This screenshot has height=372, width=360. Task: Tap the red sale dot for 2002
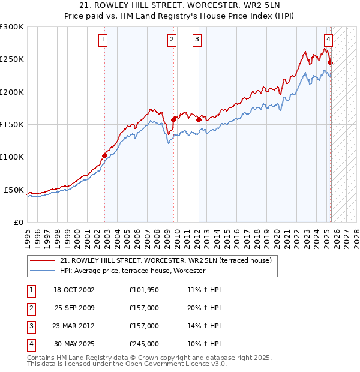tap(104, 155)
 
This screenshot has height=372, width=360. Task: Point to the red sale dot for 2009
tap(173, 119)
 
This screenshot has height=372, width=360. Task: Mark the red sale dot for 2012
tap(198, 119)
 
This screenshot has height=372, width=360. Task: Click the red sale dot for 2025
tap(330, 62)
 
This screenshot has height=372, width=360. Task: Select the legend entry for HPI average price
tap(132, 271)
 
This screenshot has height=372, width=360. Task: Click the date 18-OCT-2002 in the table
tap(74, 290)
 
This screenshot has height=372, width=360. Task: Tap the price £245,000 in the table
tap(144, 344)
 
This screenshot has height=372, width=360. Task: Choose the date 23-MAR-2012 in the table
tap(74, 326)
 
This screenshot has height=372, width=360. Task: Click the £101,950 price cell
tap(144, 290)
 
